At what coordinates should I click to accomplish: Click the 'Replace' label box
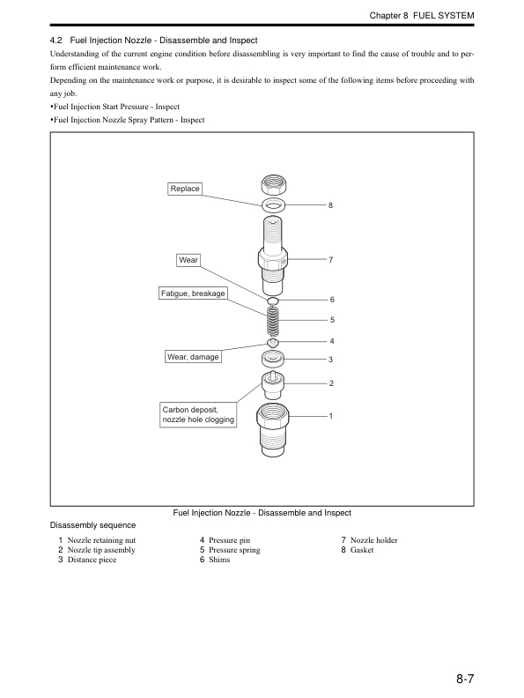click(186, 189)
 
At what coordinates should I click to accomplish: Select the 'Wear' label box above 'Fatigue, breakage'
click(188, 260)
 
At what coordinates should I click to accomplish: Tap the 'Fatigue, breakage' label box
click(193, 293)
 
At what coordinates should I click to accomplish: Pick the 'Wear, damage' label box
click(193, 357)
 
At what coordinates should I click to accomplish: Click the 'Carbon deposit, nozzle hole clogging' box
click(198, 415)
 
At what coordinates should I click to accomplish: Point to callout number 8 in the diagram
click(330, 205)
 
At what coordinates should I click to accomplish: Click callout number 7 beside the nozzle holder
click(330, 260)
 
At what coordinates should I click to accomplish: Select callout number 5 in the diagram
click(332, 320)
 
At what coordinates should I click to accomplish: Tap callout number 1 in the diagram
click(330, 415)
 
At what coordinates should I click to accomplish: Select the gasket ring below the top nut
click(275, 205)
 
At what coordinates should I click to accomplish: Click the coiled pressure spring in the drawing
click(274, 322)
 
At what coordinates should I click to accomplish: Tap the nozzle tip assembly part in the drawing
click(274, 384)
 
